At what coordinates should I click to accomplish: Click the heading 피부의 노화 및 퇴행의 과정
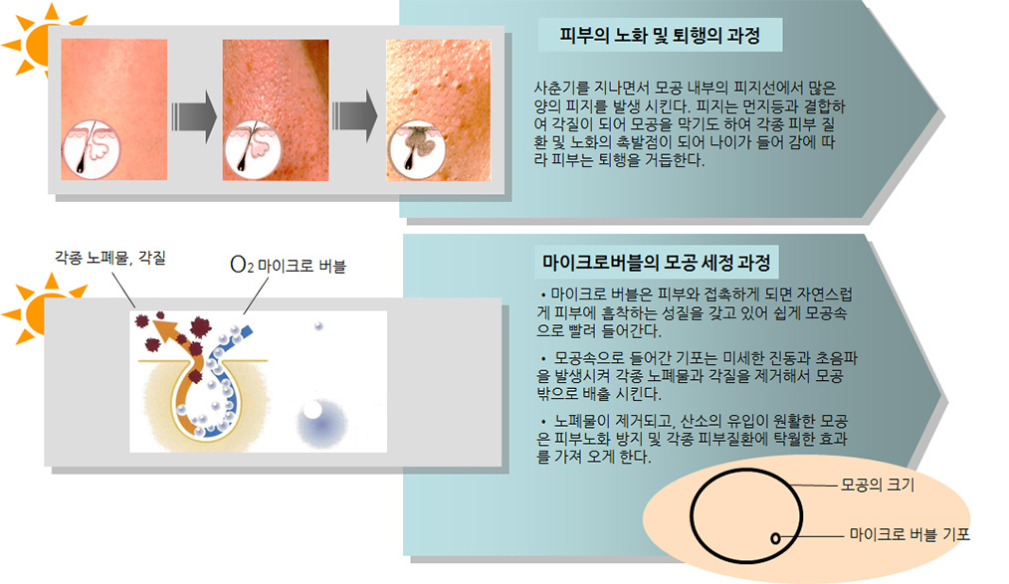click(x=660, y=35)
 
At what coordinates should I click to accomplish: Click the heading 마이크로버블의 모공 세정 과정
click(x=657, y=263)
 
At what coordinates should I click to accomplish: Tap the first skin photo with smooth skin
click(x=113, y=109)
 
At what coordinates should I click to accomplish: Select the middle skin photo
click(x=276, y=110)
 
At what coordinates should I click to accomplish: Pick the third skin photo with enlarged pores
click(x=438, y=110)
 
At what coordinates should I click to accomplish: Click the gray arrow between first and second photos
click(x=194, y=116)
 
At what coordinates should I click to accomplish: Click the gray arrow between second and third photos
click(x=354, y=116)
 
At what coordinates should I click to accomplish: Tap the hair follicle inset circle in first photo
click(x=91, y=150)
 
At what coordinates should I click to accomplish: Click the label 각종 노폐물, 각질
click(x=110, y=258)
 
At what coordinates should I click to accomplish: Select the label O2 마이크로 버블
click(x=288, y=265)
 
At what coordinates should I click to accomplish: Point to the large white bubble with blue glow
click(x=313, y=410)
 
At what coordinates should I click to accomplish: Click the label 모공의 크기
click(x=878, y=485)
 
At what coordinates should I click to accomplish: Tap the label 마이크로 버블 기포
click(x=909, y=534)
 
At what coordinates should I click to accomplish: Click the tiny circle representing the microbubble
click(x=775, y=538)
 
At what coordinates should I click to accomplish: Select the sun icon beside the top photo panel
click(x=39, y=40)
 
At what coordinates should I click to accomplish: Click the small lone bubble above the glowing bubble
click(x=318, y=326)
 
